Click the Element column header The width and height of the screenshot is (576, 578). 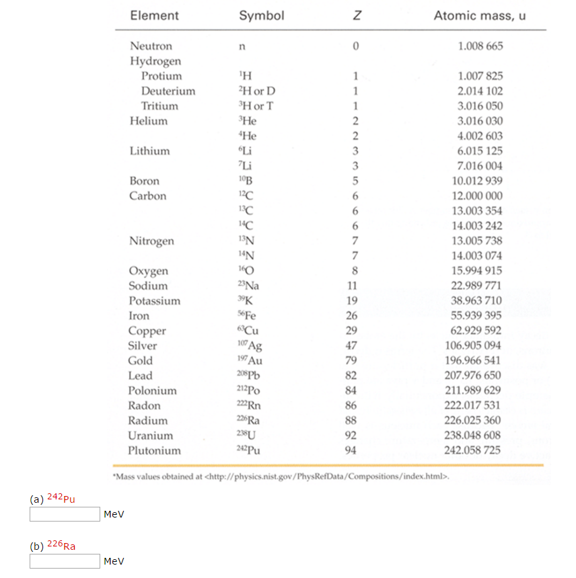154,15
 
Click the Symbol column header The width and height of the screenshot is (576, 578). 261,15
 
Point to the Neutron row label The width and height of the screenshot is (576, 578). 151,46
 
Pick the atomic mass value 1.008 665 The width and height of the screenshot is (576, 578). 480,46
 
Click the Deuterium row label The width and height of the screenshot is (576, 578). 168,91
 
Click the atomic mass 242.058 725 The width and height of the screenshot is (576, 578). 472,450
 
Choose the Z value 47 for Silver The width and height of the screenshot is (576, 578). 351,345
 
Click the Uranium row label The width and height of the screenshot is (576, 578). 151,436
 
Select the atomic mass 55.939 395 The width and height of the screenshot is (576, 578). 476,316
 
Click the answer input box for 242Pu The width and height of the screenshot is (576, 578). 65,514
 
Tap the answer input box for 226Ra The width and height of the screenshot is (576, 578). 65,561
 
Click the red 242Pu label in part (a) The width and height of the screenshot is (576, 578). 61,499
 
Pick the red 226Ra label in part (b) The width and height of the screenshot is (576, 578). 61,546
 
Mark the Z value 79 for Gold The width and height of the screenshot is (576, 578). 351,361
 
